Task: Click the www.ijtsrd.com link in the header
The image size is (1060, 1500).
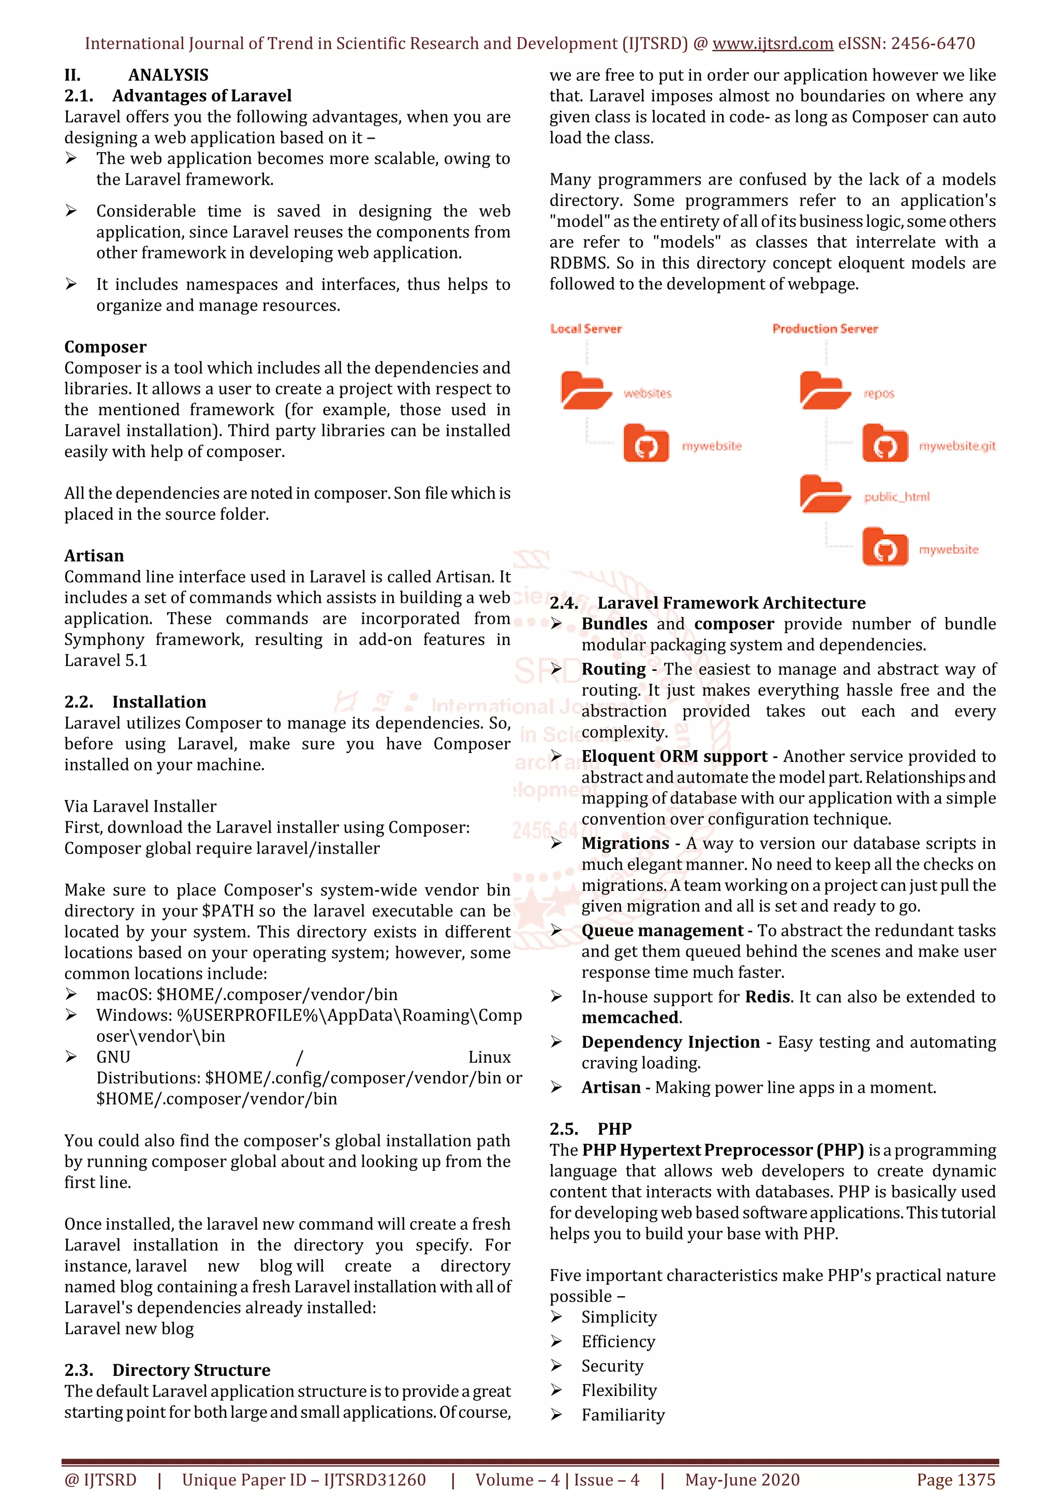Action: point(772,44)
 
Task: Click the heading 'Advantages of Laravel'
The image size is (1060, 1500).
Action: point(201,96)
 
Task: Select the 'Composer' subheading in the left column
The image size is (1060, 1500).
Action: point(105,347)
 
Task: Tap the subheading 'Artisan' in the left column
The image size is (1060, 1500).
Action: point(94,556)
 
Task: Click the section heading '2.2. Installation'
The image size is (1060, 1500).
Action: point(135,702)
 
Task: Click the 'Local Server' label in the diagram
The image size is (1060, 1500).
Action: point(586,329)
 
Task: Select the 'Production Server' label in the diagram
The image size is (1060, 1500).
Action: point(825,329)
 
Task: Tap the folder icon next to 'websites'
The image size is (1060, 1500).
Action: point(583,391)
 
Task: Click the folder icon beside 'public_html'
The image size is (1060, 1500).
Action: point(823,494)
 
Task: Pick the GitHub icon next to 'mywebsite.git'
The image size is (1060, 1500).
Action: point(885,444)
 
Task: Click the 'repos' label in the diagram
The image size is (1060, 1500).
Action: point(878,393)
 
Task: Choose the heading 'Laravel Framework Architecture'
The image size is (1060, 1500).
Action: point(731,603)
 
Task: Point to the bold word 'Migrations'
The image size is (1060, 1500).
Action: point(625,843)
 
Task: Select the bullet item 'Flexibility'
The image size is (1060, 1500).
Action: point(619,1390)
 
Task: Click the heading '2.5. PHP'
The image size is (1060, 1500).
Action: point(591,1129)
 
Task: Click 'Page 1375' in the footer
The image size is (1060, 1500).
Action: point(955,1480)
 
